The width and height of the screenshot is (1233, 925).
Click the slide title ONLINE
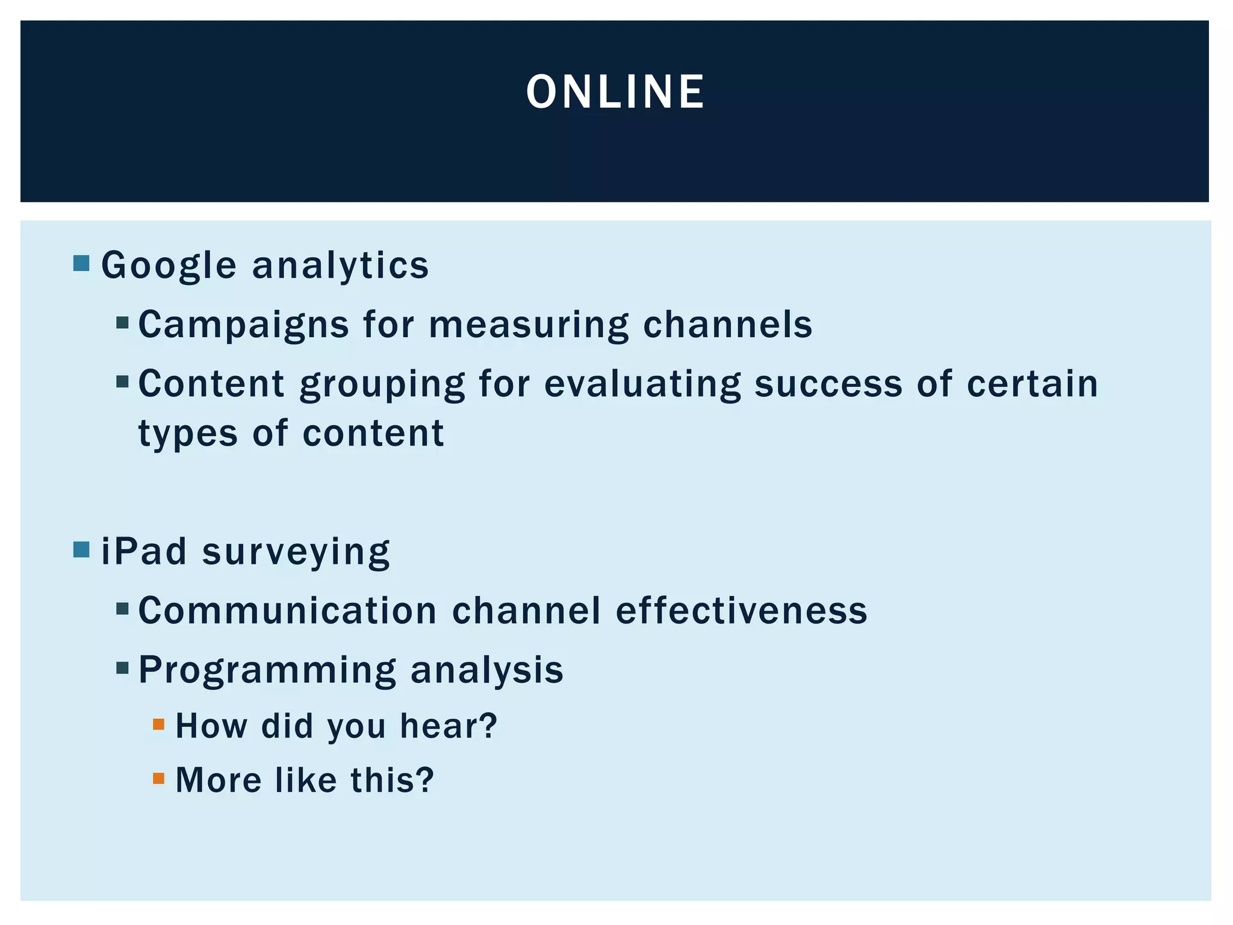(615, 92)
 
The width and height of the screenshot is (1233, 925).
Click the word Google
(169, 266)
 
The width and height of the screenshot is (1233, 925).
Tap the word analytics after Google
(340, 266)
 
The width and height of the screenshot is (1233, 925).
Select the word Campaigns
(244, 325)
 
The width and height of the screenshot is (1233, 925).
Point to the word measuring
(529, 325)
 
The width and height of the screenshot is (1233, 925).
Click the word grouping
(382, 384)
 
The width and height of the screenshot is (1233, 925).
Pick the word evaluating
(642, 384)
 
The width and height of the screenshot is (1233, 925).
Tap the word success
(828, 384)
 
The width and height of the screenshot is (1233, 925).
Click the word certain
(1033, 384)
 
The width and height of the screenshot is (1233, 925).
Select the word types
(188, 434)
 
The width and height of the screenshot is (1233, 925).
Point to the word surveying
(296, 553)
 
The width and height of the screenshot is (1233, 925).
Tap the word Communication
(288, 611)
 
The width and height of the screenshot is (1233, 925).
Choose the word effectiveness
(741, 611)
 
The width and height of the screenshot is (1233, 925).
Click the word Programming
(267, 670)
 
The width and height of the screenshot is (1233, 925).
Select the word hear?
(449, 726)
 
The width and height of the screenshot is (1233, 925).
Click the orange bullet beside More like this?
(159, 779)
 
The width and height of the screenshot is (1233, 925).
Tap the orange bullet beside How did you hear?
(159, 724)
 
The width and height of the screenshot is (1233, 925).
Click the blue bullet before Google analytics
(81, 263)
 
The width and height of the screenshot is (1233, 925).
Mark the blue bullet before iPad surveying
(81, 549)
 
